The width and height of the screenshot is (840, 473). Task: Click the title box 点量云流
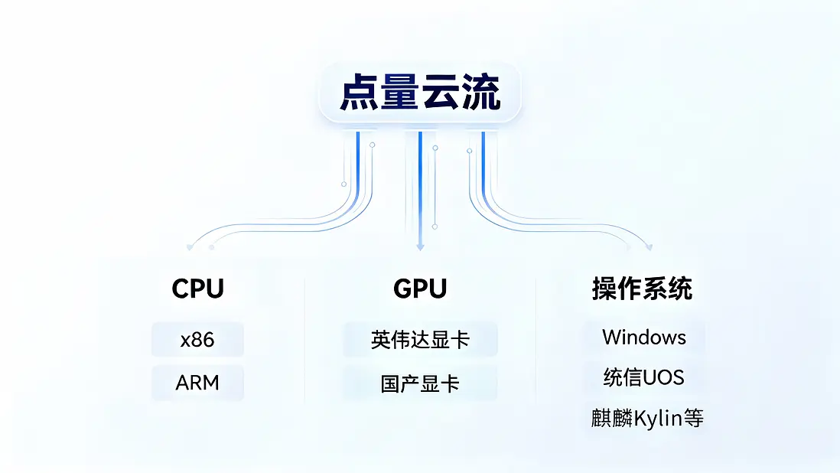420,93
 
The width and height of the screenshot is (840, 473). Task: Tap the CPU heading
197,289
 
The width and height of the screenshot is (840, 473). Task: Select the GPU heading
420,289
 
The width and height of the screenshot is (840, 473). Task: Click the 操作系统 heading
642,289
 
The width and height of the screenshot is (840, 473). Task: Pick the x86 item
197,340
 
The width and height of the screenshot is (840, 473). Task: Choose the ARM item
197,383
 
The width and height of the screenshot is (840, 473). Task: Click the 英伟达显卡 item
420,340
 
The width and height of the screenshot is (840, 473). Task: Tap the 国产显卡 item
420,383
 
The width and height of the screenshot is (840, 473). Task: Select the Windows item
644,337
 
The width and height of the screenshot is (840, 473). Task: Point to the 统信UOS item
644,377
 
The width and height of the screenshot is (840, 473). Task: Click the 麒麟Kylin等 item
647,418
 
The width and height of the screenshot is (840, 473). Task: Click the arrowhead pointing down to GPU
420,247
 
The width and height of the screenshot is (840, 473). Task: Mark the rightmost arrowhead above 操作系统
650,247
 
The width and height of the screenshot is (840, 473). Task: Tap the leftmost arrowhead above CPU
190,247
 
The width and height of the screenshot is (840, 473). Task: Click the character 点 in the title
359,93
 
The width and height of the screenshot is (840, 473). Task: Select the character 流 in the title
482,93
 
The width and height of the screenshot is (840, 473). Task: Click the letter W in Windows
612,337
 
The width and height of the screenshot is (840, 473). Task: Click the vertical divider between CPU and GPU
304,340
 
